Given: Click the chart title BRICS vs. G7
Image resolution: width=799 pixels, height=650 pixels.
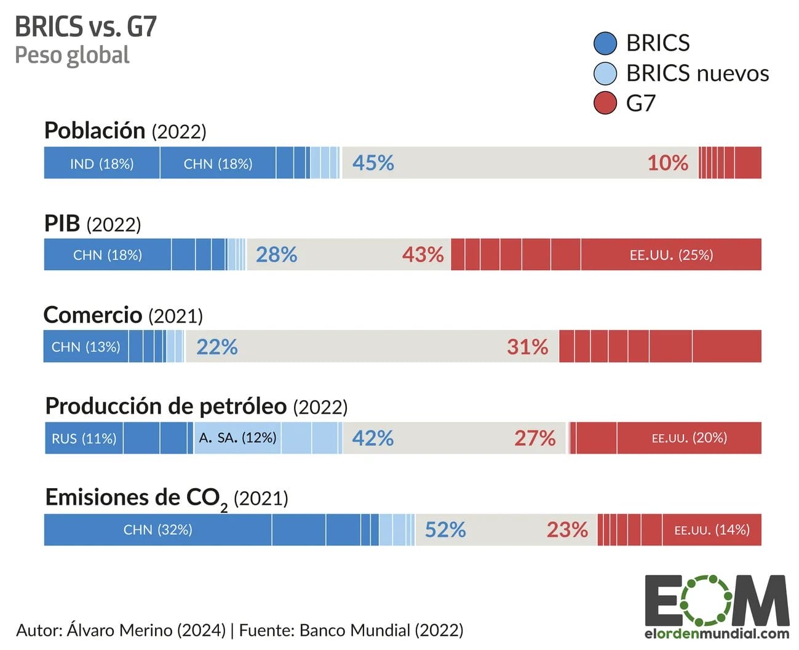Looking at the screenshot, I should (x=85, y=26).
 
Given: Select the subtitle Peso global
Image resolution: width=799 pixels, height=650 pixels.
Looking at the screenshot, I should (x=72, y=55).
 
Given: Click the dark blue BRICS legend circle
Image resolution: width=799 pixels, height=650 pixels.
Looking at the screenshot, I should (x=605, y=43).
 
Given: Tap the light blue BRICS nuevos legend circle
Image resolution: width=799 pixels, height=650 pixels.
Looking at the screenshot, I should (x=605, y=73).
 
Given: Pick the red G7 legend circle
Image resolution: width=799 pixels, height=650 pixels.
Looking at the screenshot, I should (x=605, y=103).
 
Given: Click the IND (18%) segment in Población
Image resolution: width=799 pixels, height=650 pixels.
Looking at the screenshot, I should (x=101, y=163).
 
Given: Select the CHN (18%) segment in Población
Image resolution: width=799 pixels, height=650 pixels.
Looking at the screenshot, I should (x=218, y=163).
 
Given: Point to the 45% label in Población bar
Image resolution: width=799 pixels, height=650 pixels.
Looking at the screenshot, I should (x=373, y=163).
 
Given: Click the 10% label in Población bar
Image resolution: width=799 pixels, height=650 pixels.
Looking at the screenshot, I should (x=667, y=163).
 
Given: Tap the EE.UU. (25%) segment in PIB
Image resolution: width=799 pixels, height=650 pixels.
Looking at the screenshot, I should (x=671, y=255).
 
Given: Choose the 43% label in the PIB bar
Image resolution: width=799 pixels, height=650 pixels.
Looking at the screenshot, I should (x=423, y=255).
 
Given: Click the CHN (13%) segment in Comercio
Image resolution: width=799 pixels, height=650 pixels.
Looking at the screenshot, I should (x=85, y=347).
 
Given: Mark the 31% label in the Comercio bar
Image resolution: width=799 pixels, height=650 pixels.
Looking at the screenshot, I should (x=527, y=347).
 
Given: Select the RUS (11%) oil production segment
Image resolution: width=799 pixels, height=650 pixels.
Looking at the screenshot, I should (x=84, y=438).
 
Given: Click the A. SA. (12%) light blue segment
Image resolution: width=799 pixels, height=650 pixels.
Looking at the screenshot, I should (x=237, y=438).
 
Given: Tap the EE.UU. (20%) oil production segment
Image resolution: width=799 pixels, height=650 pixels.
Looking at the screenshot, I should (x=689, y=438).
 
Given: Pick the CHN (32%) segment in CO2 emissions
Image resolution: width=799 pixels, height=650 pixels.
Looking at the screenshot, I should (x=157, y=529).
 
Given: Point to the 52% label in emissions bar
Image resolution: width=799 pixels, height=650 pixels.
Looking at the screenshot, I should (x=445, y=529).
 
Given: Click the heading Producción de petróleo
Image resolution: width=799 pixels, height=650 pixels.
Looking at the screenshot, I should (x=166, y=406).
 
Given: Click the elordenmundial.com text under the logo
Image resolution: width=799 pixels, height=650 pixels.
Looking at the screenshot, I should (x=717, y=633).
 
